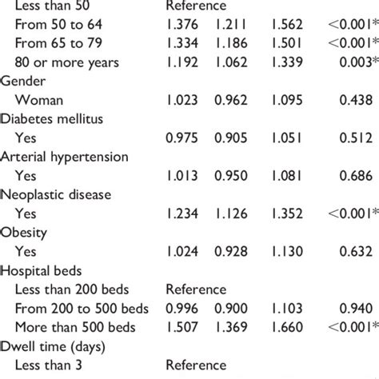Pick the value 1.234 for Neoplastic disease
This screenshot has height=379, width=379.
[183, 215]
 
